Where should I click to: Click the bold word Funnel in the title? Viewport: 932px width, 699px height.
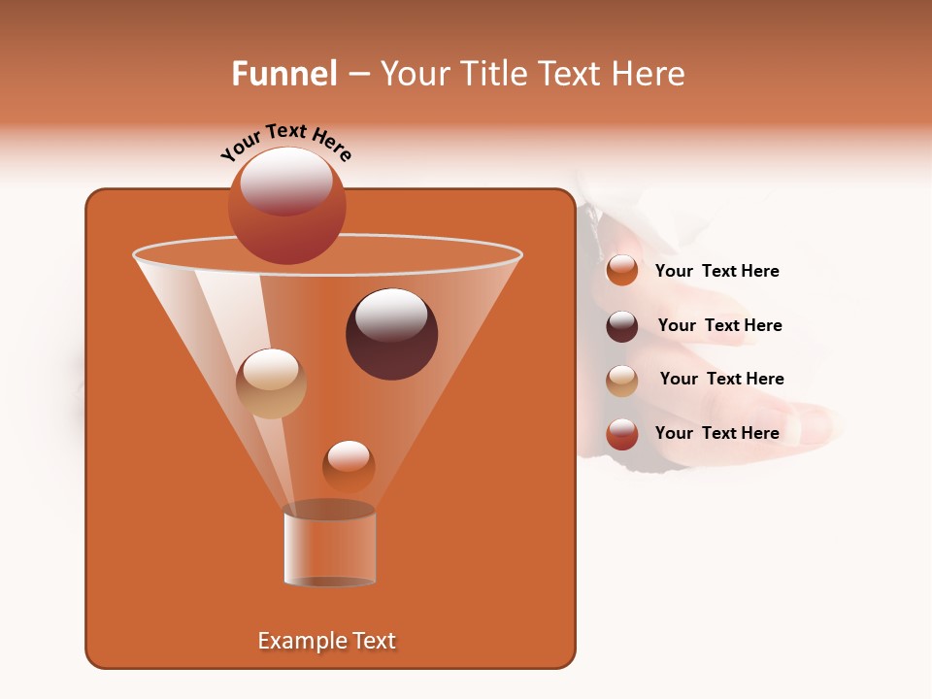tap(284, 74)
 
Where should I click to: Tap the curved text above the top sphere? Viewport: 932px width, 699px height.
tap(286, 142)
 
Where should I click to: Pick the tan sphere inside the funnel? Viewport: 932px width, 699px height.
tap(271, 384)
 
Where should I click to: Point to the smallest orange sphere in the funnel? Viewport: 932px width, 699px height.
tap(349, 467)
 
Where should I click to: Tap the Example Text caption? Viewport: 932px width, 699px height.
tap(327, 641)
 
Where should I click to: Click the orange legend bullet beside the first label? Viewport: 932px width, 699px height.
tap(622, 271)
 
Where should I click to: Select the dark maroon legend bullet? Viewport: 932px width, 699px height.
tap(622, 326)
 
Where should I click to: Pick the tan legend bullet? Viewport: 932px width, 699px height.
tap(622, 381)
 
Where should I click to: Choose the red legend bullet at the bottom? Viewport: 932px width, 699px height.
tap(622, 434)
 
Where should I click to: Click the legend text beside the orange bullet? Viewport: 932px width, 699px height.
tap(716, 271)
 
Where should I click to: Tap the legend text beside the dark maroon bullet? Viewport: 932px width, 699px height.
tap(719, 325)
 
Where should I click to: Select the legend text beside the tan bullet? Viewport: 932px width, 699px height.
tap(721, 379)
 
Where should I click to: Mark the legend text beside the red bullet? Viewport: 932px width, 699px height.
tap(716, 433)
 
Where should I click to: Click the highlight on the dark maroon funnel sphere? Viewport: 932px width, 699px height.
tap(391, 316)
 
